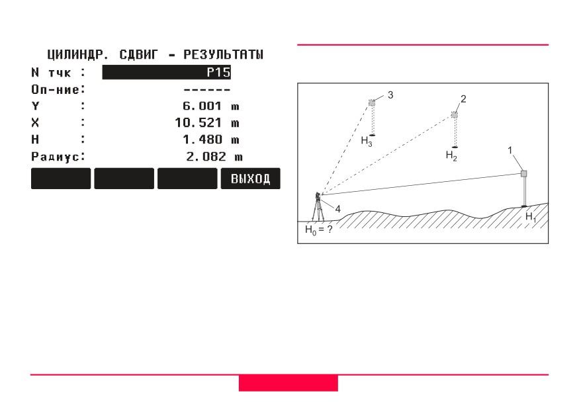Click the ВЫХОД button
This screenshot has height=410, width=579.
pyautogui.click(x=250, y=179)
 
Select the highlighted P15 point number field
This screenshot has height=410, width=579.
pyautogui.click(x=167, y=72)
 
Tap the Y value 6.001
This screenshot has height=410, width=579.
pyautogui.click(x=202, y=106)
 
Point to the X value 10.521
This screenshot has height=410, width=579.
pyautogui.click(x=198, y=122)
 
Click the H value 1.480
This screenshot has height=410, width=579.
pyautogui.click(x=202, y=140)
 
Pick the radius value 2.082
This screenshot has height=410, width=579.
pyautogui.click(x=206, y=157)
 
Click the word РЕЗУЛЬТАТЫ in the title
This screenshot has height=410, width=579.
pyautogui.click(x=224, y=55)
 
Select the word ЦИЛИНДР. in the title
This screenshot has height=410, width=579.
pyautogui.click(x=78, y=55)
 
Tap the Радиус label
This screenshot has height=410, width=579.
pyautogui.click(x=56, y=157)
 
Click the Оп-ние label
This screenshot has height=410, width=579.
pyautogui.click(x=56, y=89)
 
